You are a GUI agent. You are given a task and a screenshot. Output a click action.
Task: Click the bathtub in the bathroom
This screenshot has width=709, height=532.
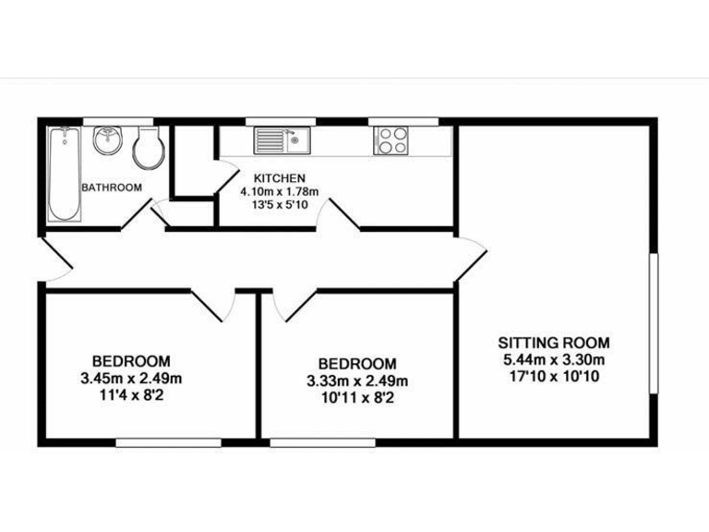click(65, 174)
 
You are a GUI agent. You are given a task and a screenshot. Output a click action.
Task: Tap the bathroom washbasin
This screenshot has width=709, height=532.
click(107, 141)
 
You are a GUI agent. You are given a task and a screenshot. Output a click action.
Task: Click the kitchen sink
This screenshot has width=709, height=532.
click(283, 141)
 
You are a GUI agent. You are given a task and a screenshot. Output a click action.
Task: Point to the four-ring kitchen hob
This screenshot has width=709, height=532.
click(391, 141)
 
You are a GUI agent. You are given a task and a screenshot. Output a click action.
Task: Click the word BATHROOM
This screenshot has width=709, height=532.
click(112, 187)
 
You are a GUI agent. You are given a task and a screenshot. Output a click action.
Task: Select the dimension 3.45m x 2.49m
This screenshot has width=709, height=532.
click(131, 377)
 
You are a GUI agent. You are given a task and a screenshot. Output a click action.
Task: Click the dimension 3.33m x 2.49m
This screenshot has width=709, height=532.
click(357, 381)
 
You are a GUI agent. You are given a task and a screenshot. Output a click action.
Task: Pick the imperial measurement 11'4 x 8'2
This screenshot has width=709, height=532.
click(131, 394)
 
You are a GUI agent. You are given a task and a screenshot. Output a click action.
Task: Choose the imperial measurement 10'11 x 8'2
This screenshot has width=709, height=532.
click(357, 397)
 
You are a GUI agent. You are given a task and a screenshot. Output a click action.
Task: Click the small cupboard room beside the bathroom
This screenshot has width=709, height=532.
click(193, 164)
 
